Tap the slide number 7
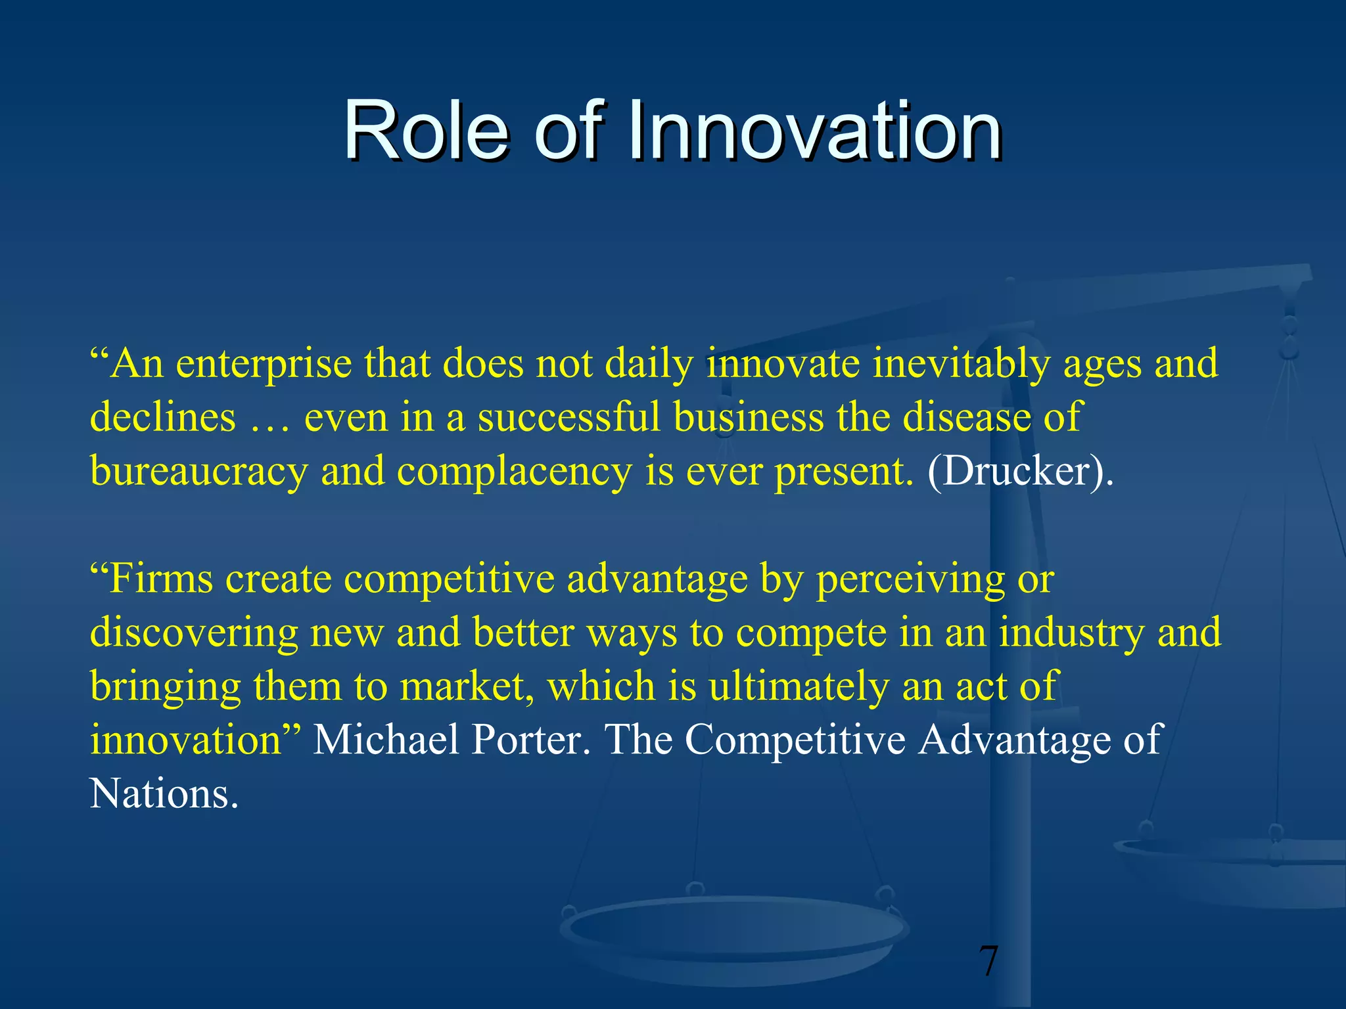pos(988,961)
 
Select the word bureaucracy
pos(198,472)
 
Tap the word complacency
pos(514,472)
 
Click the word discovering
pos(194,633)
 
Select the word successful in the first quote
pos(569,418)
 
